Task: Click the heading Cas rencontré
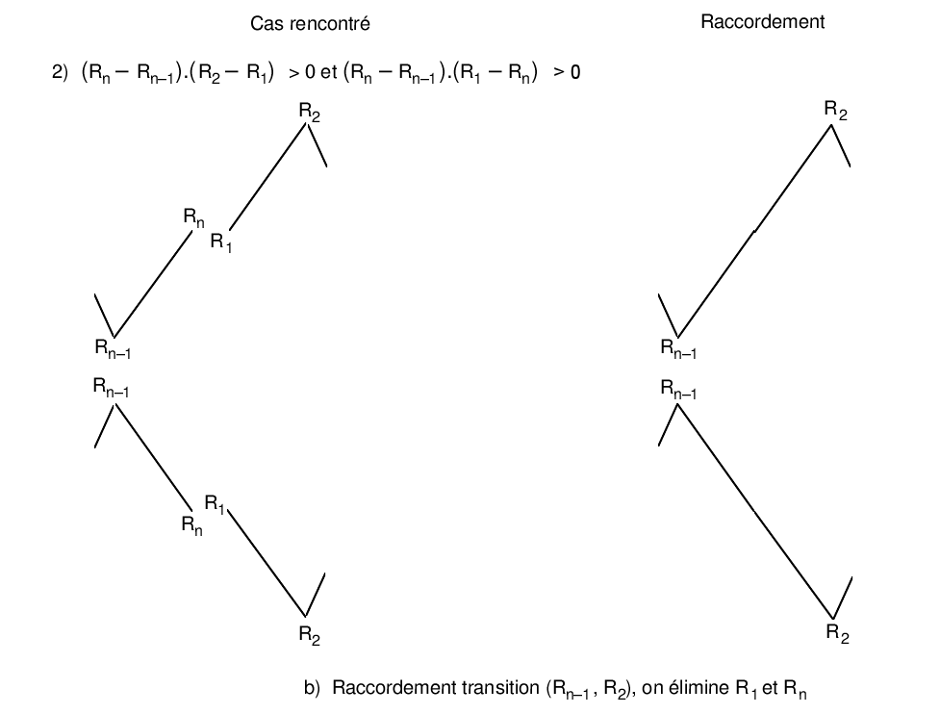tap(310, 23)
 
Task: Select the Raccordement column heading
tap(762, 22)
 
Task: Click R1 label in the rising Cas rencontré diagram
tap(222, 242)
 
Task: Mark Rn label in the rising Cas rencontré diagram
tap(194, 218)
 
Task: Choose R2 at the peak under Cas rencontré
tap(310, 114)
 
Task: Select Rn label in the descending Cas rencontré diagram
tap(191, 525)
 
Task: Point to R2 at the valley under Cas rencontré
tap(309, 634)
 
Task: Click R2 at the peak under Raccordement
tap(836, 112)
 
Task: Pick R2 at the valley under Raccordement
tap(838, 633)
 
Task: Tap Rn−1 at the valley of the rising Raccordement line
tap(678, 349)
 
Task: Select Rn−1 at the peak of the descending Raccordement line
tap(678, 389)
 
